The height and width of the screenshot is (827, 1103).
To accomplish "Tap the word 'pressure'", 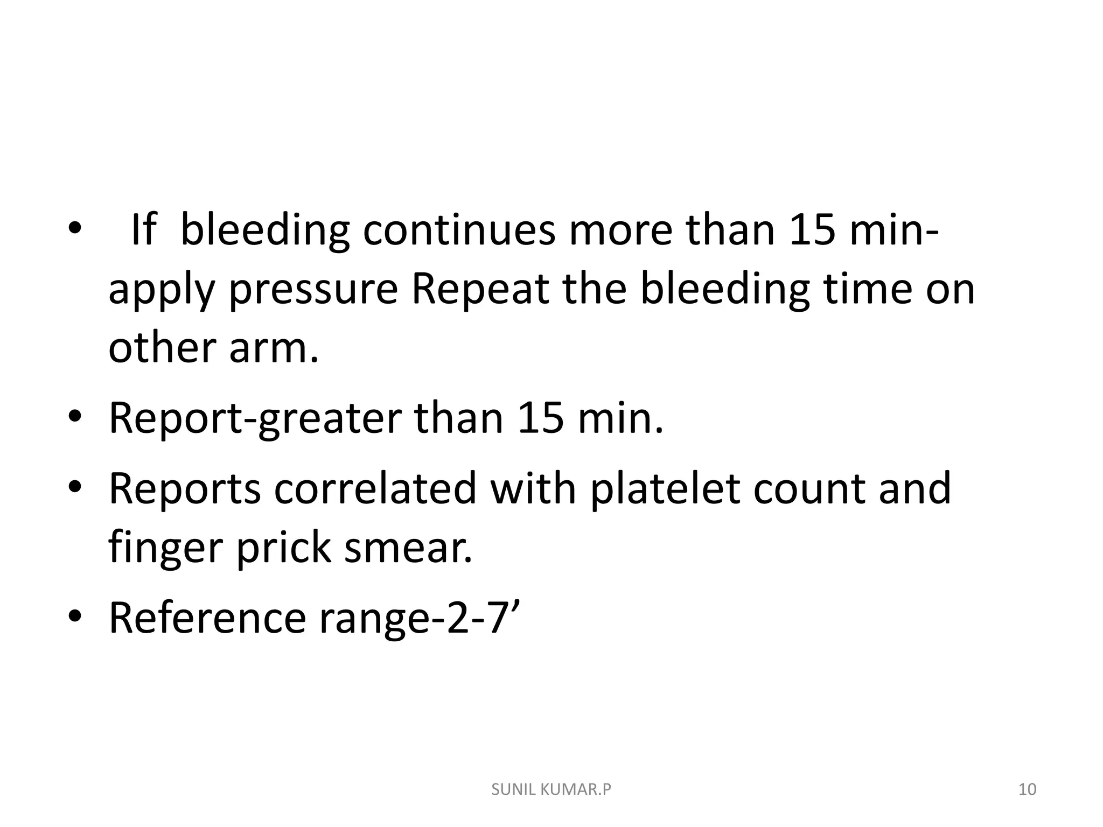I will [x=313, y=290].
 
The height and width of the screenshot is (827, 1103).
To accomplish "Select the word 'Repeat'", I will [x=480, y=290].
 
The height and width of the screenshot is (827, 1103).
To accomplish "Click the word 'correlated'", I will [x=375, y=488].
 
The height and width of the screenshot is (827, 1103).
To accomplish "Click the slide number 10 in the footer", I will [x=1028, y=790].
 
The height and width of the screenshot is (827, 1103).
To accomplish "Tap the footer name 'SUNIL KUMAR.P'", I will [x=551, y=790].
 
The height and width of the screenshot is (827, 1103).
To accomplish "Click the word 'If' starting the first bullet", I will [x=143, y=230].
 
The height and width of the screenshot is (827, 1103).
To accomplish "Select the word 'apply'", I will [x=162, y=290].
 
